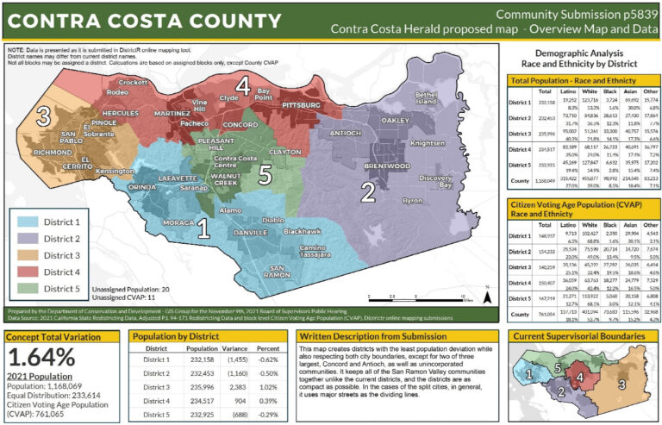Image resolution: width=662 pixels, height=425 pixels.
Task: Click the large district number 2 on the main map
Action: point(367,191)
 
